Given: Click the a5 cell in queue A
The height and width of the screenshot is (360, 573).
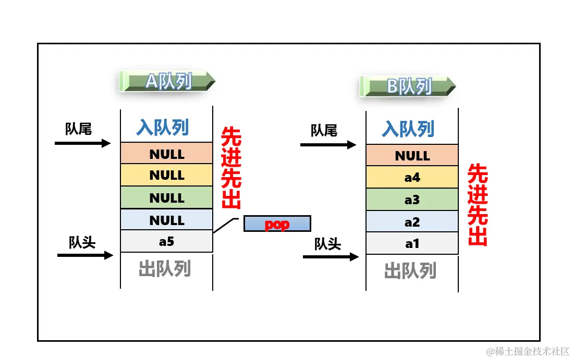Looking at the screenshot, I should tap(166, 241).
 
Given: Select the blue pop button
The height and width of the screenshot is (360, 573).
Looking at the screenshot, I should tap(277, 224).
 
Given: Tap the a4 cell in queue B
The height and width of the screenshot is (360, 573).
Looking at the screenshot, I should tap(412, 177).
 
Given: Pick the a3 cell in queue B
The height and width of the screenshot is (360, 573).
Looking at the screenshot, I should tap(412, 200).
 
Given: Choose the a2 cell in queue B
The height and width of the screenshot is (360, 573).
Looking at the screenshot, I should tap(412, 222).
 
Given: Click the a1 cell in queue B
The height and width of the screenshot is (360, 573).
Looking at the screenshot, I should tap(412, 243).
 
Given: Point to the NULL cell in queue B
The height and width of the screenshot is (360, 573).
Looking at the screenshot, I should tap(412, 155).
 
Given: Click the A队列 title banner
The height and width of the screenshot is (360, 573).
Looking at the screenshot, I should tap(167, 81).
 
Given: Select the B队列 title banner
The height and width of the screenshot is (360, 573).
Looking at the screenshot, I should tap(408, 86).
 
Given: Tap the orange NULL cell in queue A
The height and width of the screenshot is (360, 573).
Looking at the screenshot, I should tap(166, 154).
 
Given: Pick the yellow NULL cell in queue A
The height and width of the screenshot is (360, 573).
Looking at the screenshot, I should tap(166, 175).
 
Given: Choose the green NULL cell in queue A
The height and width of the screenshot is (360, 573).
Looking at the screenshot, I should tap(166, 197).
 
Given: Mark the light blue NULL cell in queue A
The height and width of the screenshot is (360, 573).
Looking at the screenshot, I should tap(166, 220).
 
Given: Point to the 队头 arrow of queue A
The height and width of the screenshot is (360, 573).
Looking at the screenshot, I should tap(85, 255).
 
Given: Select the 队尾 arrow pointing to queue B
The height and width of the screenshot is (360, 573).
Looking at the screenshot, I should tap(328, 145).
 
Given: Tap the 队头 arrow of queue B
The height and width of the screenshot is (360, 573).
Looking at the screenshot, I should tap(331, 256).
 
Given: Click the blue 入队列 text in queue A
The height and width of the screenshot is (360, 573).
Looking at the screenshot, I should tap(163, 127).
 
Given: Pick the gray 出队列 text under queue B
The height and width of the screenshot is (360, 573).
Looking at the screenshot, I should tap(410, 271).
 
